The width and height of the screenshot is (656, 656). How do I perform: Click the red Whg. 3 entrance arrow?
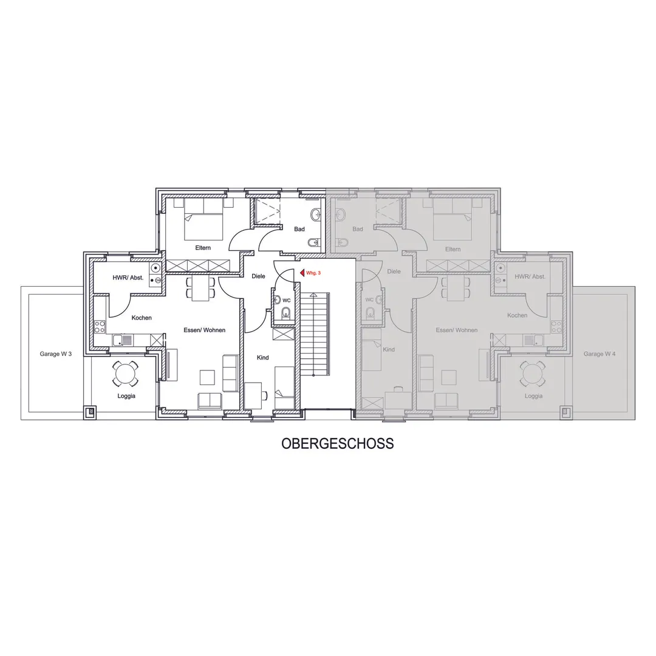point(302,273)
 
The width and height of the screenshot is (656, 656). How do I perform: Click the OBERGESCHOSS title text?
point(338,443)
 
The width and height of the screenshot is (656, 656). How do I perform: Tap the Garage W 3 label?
point(56,354)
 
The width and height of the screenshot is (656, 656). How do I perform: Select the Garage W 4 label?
point(600,354)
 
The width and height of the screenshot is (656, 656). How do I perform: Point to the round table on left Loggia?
point(125,374)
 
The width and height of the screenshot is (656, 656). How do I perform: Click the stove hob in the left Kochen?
point(100,326)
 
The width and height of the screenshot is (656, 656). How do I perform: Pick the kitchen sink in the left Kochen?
point(123,340)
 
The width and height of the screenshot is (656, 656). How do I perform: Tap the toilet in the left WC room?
point(286,313)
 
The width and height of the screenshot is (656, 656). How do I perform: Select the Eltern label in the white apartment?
point(203,248)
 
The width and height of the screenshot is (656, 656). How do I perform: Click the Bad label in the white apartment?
point(299,229)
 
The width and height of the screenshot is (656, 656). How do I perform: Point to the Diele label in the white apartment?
point(259,276)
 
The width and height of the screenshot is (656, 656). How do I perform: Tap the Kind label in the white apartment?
point(263,358)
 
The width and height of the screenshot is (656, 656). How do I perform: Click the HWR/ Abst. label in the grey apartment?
point(530,276)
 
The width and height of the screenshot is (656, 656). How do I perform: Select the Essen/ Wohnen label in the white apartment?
point(205,330)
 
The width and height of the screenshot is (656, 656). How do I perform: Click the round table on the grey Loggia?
point(533,374)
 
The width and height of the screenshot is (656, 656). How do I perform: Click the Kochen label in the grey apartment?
point(517,315)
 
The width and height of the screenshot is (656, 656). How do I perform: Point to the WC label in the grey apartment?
point(369,299)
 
